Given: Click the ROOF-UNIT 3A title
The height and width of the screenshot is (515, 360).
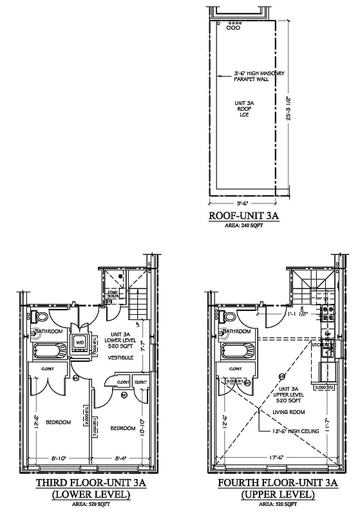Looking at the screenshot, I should pyautogui.click(x=247, y=216).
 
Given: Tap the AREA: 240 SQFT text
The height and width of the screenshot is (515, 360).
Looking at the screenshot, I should pyautogui.click(x=247, y=226).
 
